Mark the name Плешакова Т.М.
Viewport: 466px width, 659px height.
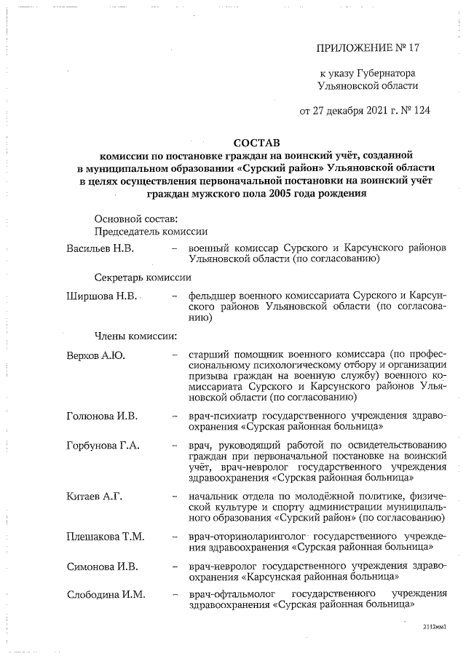click(x=105, y=537)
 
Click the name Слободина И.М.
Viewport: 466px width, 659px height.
click(x=106, y=595)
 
